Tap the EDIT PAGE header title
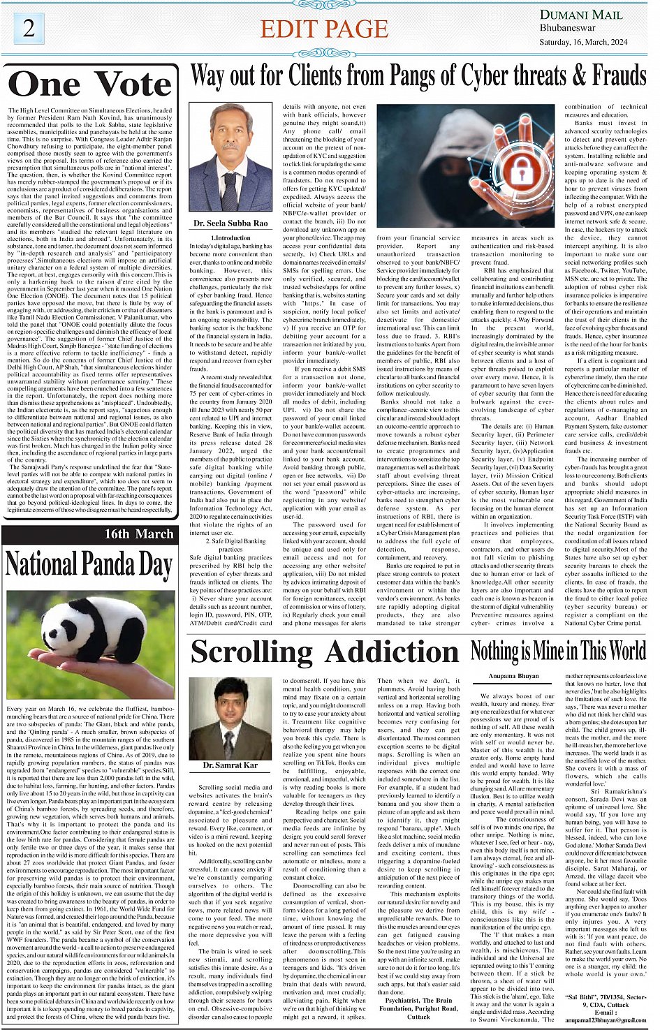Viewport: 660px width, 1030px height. coord(324,29)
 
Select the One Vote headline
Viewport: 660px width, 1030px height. coord(90,84)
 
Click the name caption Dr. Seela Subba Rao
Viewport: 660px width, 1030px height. coord(230,223)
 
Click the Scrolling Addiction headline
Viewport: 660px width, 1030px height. coord(324,652)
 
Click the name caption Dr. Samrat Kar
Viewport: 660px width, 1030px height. coord(230,766)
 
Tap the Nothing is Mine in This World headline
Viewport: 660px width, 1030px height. coord(559,651)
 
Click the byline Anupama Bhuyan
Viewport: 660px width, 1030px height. coord(513,677)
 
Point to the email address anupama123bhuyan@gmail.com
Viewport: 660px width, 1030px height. coord(606,1020)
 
